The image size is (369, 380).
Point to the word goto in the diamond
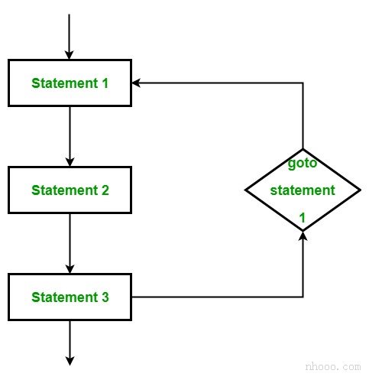pos(303,164)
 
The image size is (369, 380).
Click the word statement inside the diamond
pos(303,190)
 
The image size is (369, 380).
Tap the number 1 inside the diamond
pos(303,218)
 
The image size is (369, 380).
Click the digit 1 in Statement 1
pos(105,83)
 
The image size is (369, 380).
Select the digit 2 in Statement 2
pos(105,190)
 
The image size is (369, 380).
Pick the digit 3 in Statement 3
pos(105,297)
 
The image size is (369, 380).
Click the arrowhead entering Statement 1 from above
pos(69,55)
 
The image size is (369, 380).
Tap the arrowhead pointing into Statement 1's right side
pos(136,83)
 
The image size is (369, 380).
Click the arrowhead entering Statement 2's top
pos(70,162)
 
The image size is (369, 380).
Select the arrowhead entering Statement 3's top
pos(70,269)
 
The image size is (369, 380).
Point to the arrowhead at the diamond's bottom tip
pos(303,236)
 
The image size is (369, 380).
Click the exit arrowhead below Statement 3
pos(70,361)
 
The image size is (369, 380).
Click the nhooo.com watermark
pos(333,367)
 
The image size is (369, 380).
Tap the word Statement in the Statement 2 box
pos(64,190)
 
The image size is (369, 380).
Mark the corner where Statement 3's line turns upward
pos(303,297)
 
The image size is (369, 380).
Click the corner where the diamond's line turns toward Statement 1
pos(303,83)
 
